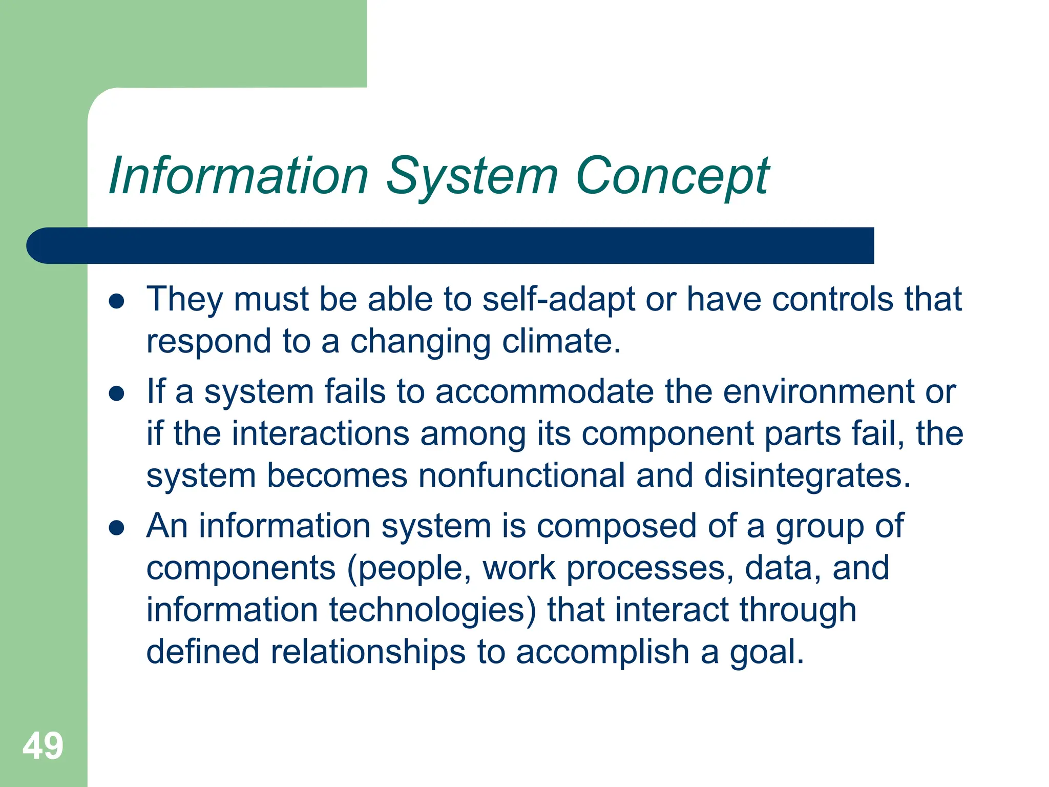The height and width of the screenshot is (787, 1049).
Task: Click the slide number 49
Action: (43, 746)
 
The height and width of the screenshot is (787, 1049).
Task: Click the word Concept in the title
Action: (672, 177)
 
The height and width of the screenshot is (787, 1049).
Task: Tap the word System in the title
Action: (472, 177)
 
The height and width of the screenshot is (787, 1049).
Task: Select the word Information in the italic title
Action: (239, 176)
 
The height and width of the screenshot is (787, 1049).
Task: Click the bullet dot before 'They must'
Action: (117, 301)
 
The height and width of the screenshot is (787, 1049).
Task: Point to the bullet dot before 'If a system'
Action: (117, 394)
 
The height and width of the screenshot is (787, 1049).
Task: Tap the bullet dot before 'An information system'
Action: (117, 528)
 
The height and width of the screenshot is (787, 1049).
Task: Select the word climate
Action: (561, 342)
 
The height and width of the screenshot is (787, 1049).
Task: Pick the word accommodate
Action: (544, 392)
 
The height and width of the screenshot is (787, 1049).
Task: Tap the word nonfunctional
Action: (521, 476)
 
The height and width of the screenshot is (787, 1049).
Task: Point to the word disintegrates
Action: (807, 476)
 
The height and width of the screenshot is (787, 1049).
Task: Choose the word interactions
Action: (320, 434)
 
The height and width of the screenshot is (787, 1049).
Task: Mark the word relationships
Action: (368, 652)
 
